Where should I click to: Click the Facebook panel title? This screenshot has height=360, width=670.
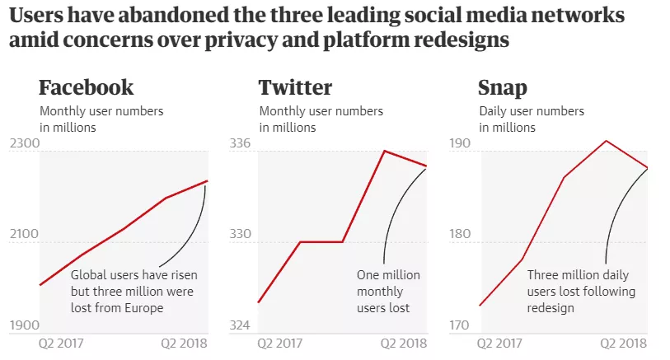(x=86, y=87)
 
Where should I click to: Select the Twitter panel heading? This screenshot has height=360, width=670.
(x=295, y=87)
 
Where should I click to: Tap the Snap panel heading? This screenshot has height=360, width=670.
(x=503, y=87)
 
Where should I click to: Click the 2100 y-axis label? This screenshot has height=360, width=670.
(x=25, y=235)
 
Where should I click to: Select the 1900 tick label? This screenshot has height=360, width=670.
(x=25, y=325)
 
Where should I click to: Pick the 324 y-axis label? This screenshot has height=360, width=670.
(x=239, y=325)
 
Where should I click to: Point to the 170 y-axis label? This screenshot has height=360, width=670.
(x=459, y=325)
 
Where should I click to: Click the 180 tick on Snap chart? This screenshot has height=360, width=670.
(x=459, y=235)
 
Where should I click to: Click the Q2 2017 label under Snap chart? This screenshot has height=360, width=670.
(x=501, y=344)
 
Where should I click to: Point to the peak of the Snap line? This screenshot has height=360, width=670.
(x=606, y=141)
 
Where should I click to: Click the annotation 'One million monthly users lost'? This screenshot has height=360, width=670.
(x=388, y=292)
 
